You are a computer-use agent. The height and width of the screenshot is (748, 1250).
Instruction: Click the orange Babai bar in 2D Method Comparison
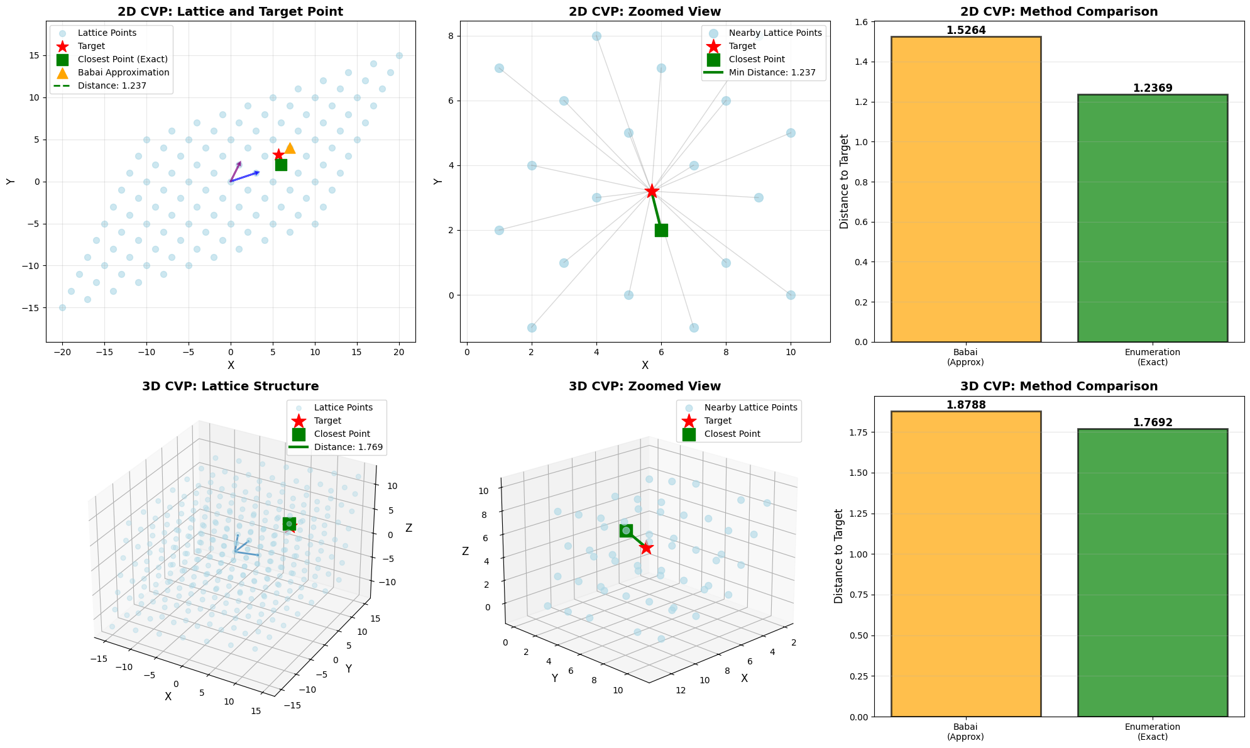click(x=965, y=189)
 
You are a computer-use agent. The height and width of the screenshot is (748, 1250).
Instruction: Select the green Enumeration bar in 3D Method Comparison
click(x=1152, y=573)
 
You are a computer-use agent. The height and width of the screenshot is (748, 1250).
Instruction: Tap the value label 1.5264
click(x=965, y=30)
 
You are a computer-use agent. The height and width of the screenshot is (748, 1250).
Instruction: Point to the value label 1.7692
click(x=1152, y=423)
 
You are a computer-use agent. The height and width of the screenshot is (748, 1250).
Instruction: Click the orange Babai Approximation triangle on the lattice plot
click(x=290, y=148)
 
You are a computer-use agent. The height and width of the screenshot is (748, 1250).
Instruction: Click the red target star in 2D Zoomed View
click(x=652, y=191)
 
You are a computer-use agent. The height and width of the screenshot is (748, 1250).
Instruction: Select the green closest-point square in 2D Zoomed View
click(x=661, y=230)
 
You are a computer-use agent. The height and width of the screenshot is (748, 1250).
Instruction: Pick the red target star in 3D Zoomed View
click(x=646, y=548)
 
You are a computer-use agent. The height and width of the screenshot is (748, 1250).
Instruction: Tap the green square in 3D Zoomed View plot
click(x=626, y=531)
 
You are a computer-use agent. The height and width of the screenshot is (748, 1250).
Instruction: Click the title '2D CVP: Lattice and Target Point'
click(x=230, y=11)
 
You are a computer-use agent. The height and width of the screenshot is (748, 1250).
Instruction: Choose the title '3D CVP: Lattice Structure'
click(x=230, y=387)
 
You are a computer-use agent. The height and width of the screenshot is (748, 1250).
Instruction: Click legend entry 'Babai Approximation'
click(x=123, y=72)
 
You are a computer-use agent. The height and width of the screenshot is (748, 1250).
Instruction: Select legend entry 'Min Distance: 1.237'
click(x=772, y=72)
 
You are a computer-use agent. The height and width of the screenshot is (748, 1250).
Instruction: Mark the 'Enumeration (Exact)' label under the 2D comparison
click(x=1152, y=357)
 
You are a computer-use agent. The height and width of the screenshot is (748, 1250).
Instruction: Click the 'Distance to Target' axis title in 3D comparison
click(x=839, y=556)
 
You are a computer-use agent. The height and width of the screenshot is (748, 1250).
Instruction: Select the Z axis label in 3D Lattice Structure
click(x=408, y=528)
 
